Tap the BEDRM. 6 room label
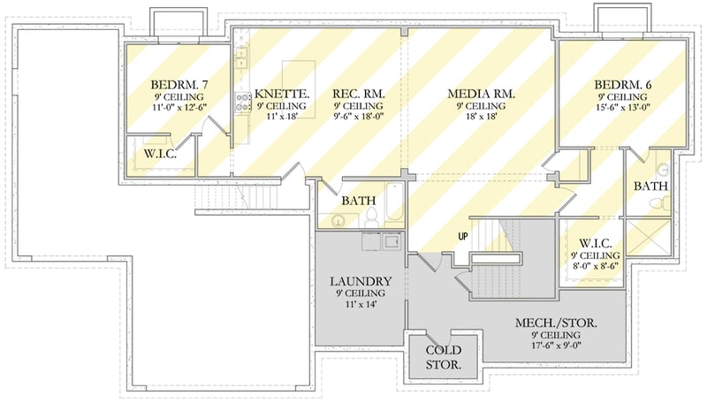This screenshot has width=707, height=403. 624,84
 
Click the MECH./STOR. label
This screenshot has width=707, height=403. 555,324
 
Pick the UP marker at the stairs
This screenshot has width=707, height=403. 462,236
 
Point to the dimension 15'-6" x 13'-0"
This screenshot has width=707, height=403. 624,107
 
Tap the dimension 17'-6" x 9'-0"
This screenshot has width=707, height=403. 555,347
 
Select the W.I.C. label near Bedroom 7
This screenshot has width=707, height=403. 161,156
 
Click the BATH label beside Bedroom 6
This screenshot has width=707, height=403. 651,186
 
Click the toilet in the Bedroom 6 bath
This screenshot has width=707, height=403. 656,203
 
